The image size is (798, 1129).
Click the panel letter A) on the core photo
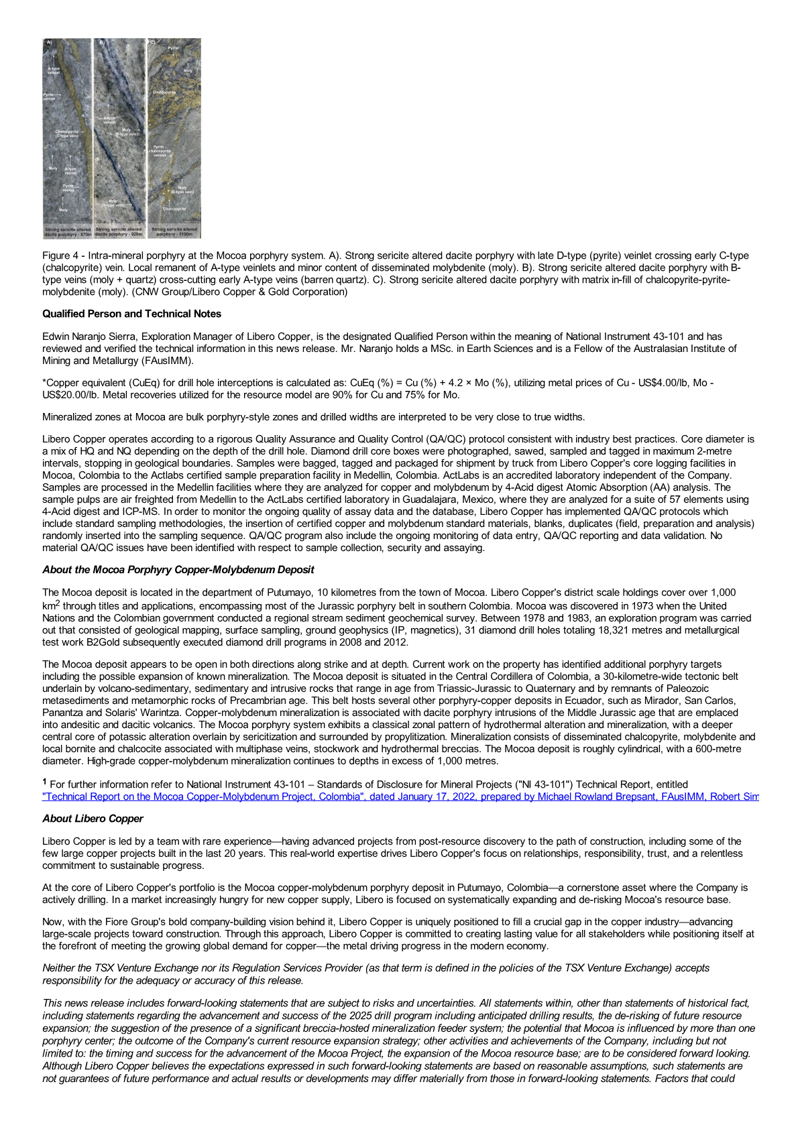coord(48,43)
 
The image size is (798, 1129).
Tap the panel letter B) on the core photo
coord(102,42)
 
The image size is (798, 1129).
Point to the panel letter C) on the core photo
coord(152,42)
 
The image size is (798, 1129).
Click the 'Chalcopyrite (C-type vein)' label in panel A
coord(66,133)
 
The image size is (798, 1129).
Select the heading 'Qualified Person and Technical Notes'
coord(131,314)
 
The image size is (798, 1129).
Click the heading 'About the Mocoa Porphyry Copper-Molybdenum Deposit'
coord(178,570)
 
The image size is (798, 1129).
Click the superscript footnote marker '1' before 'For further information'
coord(44,782)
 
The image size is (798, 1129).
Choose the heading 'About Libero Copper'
coord(93,819)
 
